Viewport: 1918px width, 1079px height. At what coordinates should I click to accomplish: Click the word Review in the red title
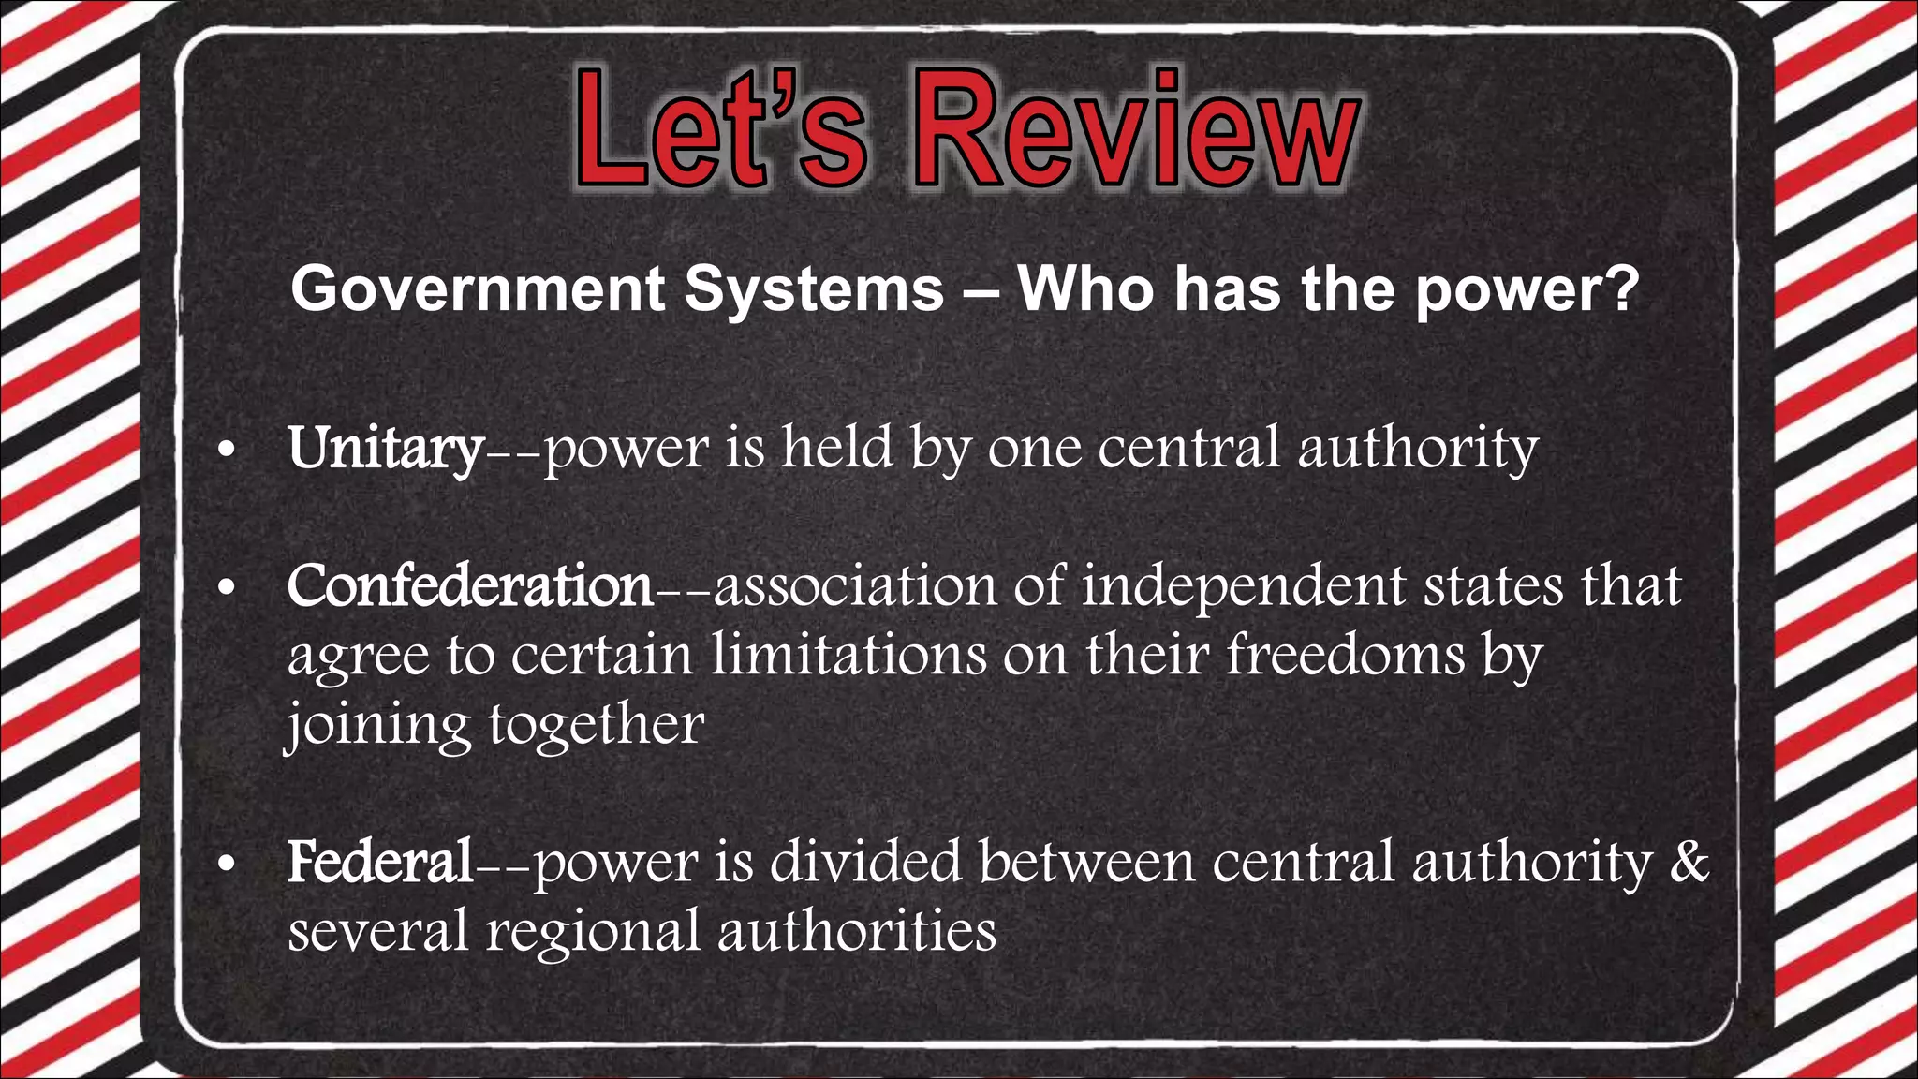coord(1136,131)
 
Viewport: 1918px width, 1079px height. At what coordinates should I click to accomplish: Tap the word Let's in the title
coord(721,131)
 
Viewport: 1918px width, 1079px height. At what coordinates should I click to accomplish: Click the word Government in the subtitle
coord(478,289)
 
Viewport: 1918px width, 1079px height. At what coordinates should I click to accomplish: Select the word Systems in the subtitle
coord(814,289)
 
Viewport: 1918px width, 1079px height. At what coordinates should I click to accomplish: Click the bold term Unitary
coord(385,448)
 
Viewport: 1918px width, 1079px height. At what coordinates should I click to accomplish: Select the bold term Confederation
coord(469,586)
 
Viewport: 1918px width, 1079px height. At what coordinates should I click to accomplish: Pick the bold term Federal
coord(379,862)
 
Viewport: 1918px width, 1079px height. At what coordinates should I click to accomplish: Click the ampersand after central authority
coord(1689,862)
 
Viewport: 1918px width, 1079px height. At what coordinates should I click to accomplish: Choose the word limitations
coord(848,655)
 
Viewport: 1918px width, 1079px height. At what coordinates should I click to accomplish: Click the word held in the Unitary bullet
coord(838,448)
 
